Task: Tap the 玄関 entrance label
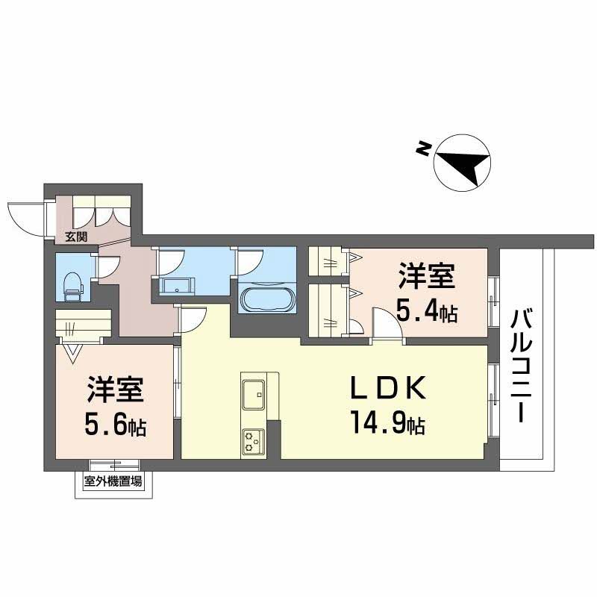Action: click(75, 237)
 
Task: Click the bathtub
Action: click(267, 298)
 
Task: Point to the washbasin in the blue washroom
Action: click(175, 285)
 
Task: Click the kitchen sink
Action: click(252, 393)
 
